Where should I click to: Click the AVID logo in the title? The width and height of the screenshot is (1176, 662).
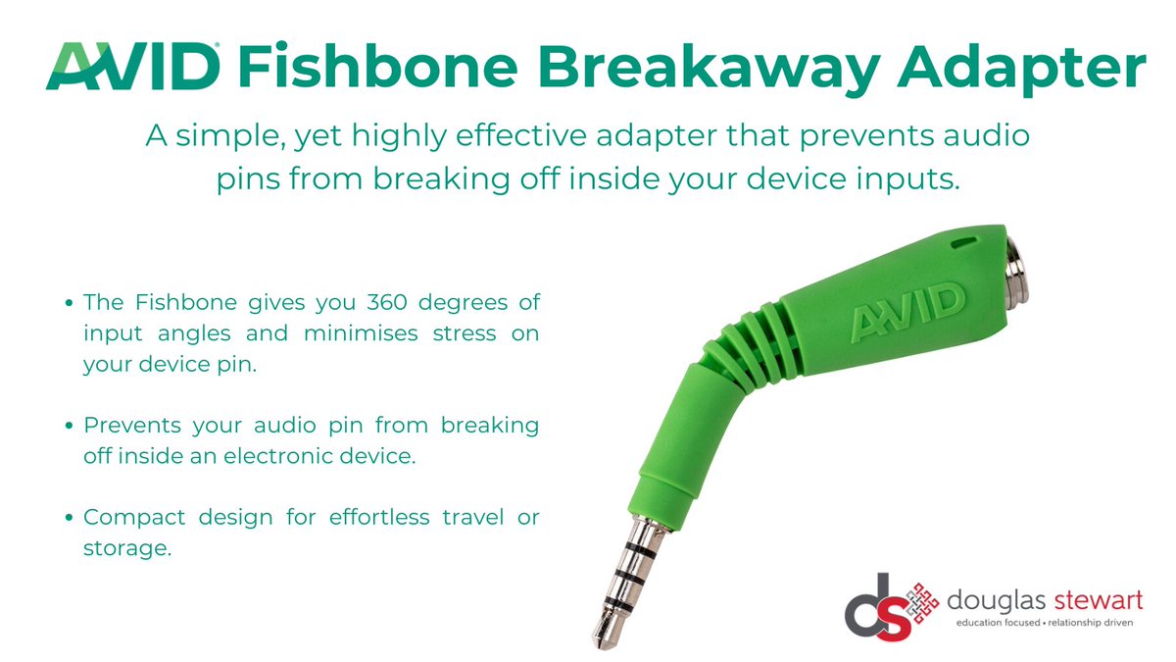pos(131,67)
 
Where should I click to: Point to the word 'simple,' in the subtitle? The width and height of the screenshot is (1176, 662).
pos(219,136)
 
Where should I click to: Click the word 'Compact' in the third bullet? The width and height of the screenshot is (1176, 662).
pos(132,517)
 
